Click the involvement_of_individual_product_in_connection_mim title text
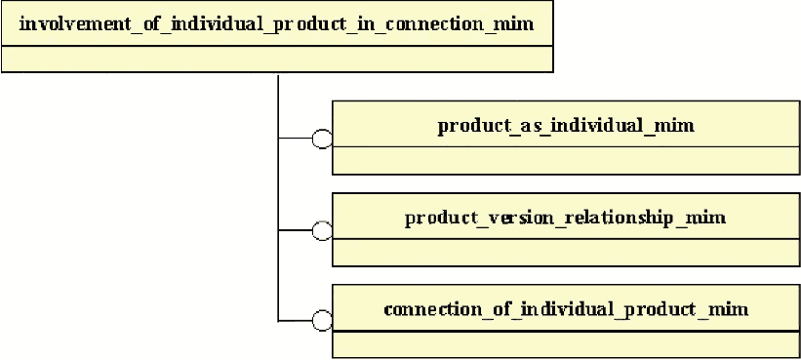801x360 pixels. click(x=276, y=24)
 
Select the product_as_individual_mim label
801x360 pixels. click(x=566, y=125)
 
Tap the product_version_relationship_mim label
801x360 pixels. click(x=566, y=218)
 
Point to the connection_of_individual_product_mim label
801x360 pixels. click(x=566, y=309)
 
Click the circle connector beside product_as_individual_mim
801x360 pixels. click(x=322, y=139)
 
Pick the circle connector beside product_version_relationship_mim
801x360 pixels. click(x=322, y=230)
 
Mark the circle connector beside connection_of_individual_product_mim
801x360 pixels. click(x=322, y=321)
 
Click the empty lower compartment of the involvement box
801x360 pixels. click(x=277, y=59)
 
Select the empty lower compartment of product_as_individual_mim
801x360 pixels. click(x=566, y=160)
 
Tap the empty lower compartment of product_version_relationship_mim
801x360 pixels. click(x=566, y=252)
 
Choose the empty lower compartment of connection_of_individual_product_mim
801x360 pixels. click(x=566, y=344)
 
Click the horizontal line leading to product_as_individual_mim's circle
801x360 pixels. click(x=296, y=139)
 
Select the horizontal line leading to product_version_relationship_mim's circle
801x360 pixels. click(x=296, y=230)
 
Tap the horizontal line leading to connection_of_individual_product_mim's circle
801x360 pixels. click(x=296, y=321)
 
